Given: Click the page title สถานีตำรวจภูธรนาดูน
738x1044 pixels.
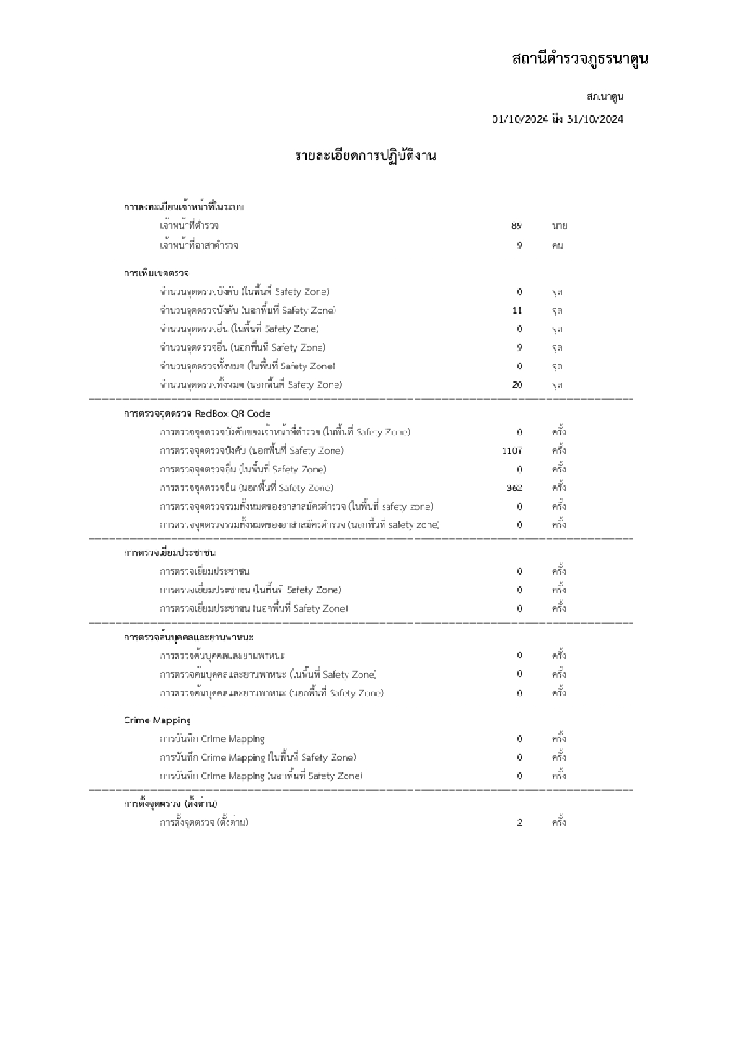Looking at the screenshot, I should [579, 60].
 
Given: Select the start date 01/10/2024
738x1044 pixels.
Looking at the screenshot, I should [519, 119].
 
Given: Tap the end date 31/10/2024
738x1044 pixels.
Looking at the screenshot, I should [595, 119].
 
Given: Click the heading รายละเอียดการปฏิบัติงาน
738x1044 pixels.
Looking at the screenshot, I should [365, 156].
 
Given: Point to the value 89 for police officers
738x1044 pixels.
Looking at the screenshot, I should [516, 226].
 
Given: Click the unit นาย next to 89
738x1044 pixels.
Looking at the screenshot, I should [559, 226].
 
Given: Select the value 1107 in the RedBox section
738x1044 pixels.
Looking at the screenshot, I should [512, 451].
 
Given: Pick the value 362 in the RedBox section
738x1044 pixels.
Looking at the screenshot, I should [514, 488].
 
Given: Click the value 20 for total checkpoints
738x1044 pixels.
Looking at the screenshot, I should [517, 385].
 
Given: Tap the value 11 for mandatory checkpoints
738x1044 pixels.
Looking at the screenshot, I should [517, 311].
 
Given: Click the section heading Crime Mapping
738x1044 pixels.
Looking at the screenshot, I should [157, 720].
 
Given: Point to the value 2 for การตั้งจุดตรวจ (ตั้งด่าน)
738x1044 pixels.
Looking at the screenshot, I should [520, 823].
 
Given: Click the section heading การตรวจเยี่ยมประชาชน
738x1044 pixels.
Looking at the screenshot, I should [169, 552].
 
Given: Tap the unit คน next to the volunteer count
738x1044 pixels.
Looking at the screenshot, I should [558, 246].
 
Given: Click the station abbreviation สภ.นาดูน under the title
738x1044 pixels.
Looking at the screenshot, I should [604, 97].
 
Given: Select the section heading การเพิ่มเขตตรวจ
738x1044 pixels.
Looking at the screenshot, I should [156, 273].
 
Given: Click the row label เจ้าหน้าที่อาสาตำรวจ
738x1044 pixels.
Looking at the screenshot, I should [199, 246].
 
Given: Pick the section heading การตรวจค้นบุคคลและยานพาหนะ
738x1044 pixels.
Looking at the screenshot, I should [188, 637].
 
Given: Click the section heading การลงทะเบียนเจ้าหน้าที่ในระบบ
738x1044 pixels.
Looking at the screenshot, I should [184, 206].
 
